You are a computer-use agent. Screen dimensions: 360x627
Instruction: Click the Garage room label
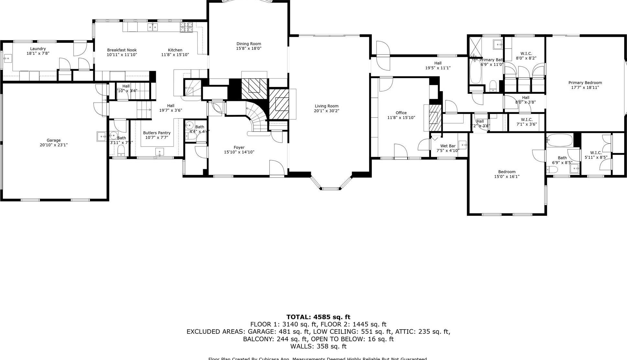pos(53,140)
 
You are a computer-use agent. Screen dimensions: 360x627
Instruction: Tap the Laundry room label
pos(38,49)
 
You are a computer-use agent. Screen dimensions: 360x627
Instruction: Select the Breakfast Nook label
pos(122,50)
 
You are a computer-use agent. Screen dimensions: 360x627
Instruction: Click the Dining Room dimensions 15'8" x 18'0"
pos(248,49)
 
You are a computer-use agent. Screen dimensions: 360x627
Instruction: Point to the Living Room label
pos(326,106)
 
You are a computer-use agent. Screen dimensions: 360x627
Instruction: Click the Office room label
pos(401,113)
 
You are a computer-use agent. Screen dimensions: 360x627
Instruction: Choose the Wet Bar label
pos(448,146)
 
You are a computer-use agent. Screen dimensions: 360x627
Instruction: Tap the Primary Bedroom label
pos(585,83)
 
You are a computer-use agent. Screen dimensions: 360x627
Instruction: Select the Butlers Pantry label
pos(157,133)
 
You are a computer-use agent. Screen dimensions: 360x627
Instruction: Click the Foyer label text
pos(239,147)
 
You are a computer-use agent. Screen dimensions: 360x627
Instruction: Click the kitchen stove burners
pos(186,27)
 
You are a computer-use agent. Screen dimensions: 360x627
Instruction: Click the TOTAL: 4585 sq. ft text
pos(318,317)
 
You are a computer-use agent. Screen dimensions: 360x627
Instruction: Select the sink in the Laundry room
pos(6,59)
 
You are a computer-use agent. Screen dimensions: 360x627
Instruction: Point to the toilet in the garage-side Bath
pos(121,150)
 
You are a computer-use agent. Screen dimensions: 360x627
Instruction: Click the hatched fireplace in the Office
pos(435,117)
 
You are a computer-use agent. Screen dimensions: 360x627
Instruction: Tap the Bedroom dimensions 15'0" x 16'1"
pos(507,177)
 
